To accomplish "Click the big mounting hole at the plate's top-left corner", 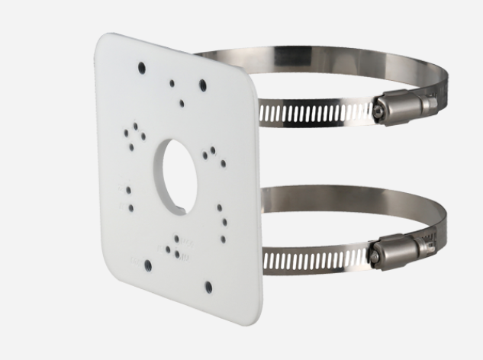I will point(142,68).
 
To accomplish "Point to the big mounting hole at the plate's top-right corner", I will point(203,85).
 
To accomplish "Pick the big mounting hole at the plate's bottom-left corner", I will point(148,266).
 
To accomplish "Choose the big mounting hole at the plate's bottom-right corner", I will point(208,287).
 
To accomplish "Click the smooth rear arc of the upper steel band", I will point(320,58).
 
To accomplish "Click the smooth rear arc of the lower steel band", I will point(320,194).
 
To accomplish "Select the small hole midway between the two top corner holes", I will point(172,82).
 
